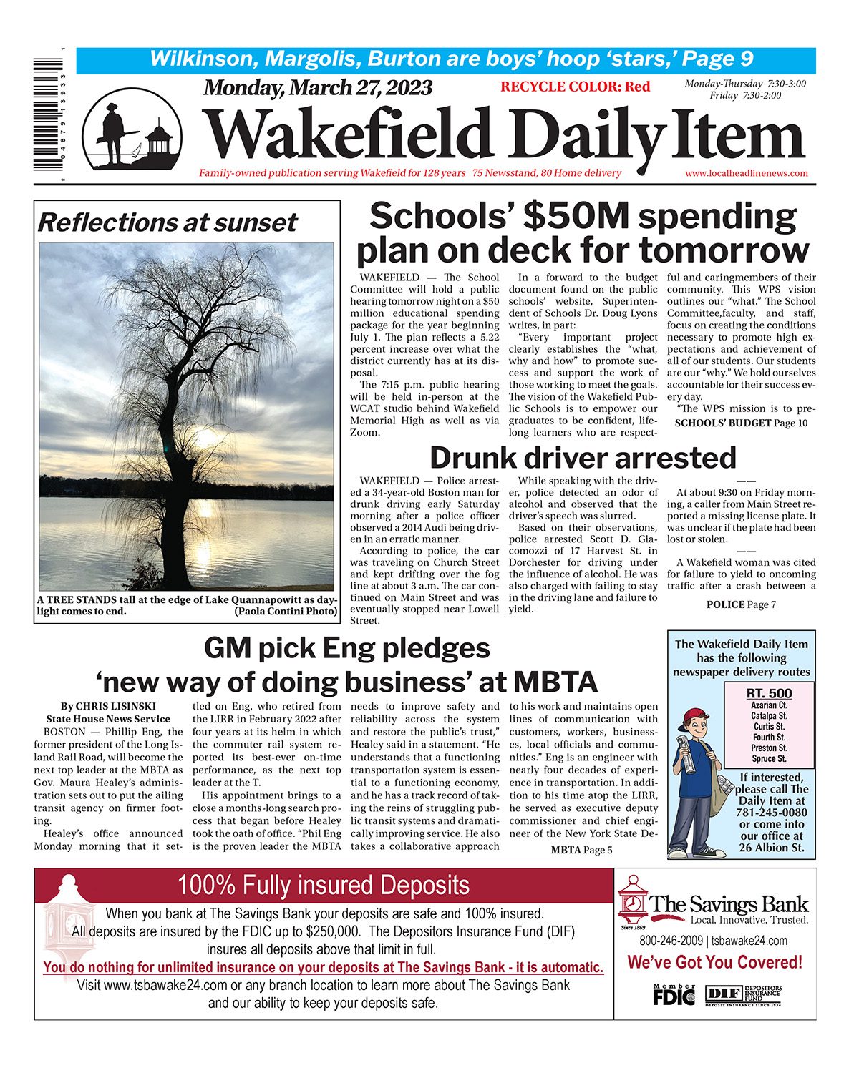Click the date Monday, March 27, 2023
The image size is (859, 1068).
pyautogui.click(x=318, y=88)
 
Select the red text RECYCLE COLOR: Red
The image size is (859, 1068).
pyautogui.click(x=575, y=87)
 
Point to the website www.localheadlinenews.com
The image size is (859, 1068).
pyautogui.click(x=746, y=173)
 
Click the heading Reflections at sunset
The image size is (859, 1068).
pyautogui.click(x=167, y=222)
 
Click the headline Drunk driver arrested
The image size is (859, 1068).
pyautogui.click(x=583, y=458)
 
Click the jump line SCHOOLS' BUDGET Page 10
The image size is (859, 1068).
pyautogui.click(x=741, y=423)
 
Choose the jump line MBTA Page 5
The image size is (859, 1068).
pyautogui.click(x=581, y=850)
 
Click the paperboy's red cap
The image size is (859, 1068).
pyautogui.click(x=696, y=716)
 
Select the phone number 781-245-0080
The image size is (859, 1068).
pyautogui.click(x=771, y=813)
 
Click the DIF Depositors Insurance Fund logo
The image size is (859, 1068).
pyautogui.click(x=743, y=994)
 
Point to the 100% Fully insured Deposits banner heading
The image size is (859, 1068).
pyautogui.click(x=324, y=885)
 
